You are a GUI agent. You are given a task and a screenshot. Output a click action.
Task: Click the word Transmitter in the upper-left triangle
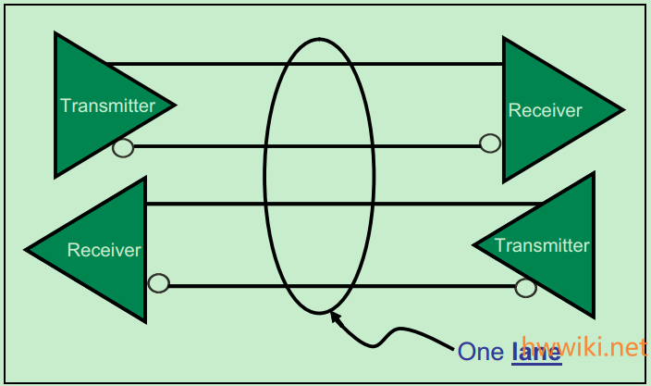point(107,106)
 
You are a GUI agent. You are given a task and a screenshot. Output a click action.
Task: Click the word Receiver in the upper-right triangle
point(546,111)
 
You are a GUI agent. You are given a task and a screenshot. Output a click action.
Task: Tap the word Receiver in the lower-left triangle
point(104,250)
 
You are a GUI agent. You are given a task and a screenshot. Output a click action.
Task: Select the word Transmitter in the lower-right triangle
point(542,245)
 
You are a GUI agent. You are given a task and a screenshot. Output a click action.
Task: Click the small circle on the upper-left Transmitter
point(122,147)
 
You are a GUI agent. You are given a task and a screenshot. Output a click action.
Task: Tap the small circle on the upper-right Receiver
point(490,143)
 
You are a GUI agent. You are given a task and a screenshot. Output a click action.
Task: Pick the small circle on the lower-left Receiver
point(158,283)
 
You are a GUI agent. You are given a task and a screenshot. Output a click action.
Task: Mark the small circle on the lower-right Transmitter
point(525,287)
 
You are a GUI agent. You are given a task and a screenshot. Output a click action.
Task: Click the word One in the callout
point(481,351)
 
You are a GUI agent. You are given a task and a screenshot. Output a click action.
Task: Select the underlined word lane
point(536,351)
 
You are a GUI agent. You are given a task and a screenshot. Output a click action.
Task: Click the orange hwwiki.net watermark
point(583,347)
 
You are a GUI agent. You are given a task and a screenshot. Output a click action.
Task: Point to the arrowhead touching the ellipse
point(335,318)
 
